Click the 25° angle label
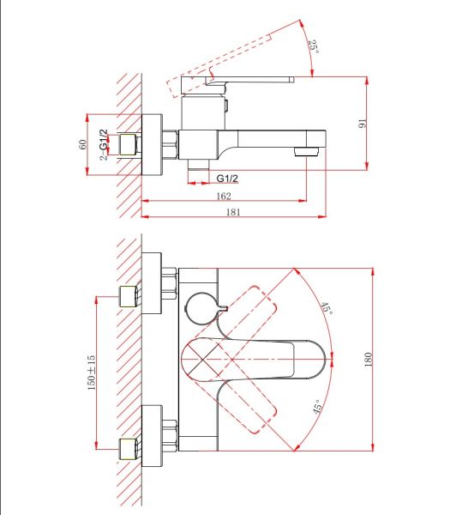314,46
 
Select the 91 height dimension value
362,124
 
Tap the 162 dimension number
224,196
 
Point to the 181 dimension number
233,212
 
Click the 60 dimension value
83,144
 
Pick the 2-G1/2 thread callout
104,144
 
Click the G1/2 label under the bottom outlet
227,179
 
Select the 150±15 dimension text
92,373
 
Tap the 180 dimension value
369,360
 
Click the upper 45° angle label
327,308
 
